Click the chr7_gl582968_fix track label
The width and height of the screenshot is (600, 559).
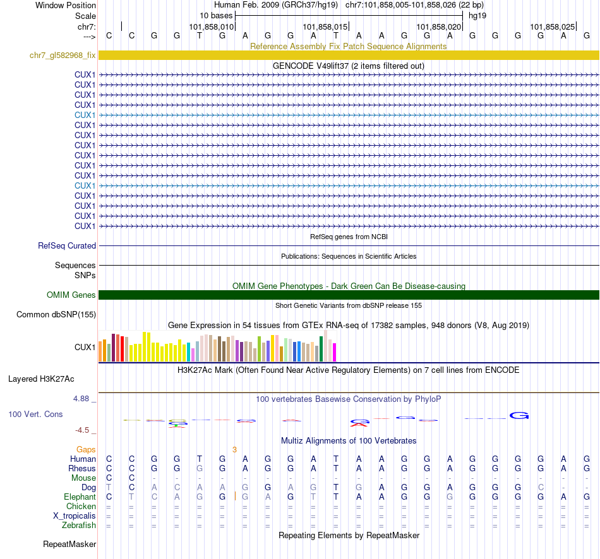coord(63,56)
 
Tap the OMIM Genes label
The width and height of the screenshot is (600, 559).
coord(71,295)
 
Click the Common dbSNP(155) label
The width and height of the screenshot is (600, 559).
coord(56,314)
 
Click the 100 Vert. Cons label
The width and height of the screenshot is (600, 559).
coord(35,415)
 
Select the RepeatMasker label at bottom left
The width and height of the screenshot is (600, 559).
coord(69,544)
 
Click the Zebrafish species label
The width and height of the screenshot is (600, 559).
coord(79,526)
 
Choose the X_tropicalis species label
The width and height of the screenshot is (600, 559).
coord(75,516)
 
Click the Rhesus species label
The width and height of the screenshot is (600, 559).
coord(82,469)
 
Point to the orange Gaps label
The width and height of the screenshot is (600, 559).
coord(86,450)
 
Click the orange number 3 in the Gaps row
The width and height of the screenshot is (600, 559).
coord(234,450)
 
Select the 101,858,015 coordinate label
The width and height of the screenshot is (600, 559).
coord(325,27)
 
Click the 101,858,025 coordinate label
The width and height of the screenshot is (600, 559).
coord(553,27)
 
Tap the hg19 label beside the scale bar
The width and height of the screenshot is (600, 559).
coord(477,16)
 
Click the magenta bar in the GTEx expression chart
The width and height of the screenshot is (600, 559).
coord(335,352)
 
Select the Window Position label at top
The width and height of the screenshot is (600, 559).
coord(66,5)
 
